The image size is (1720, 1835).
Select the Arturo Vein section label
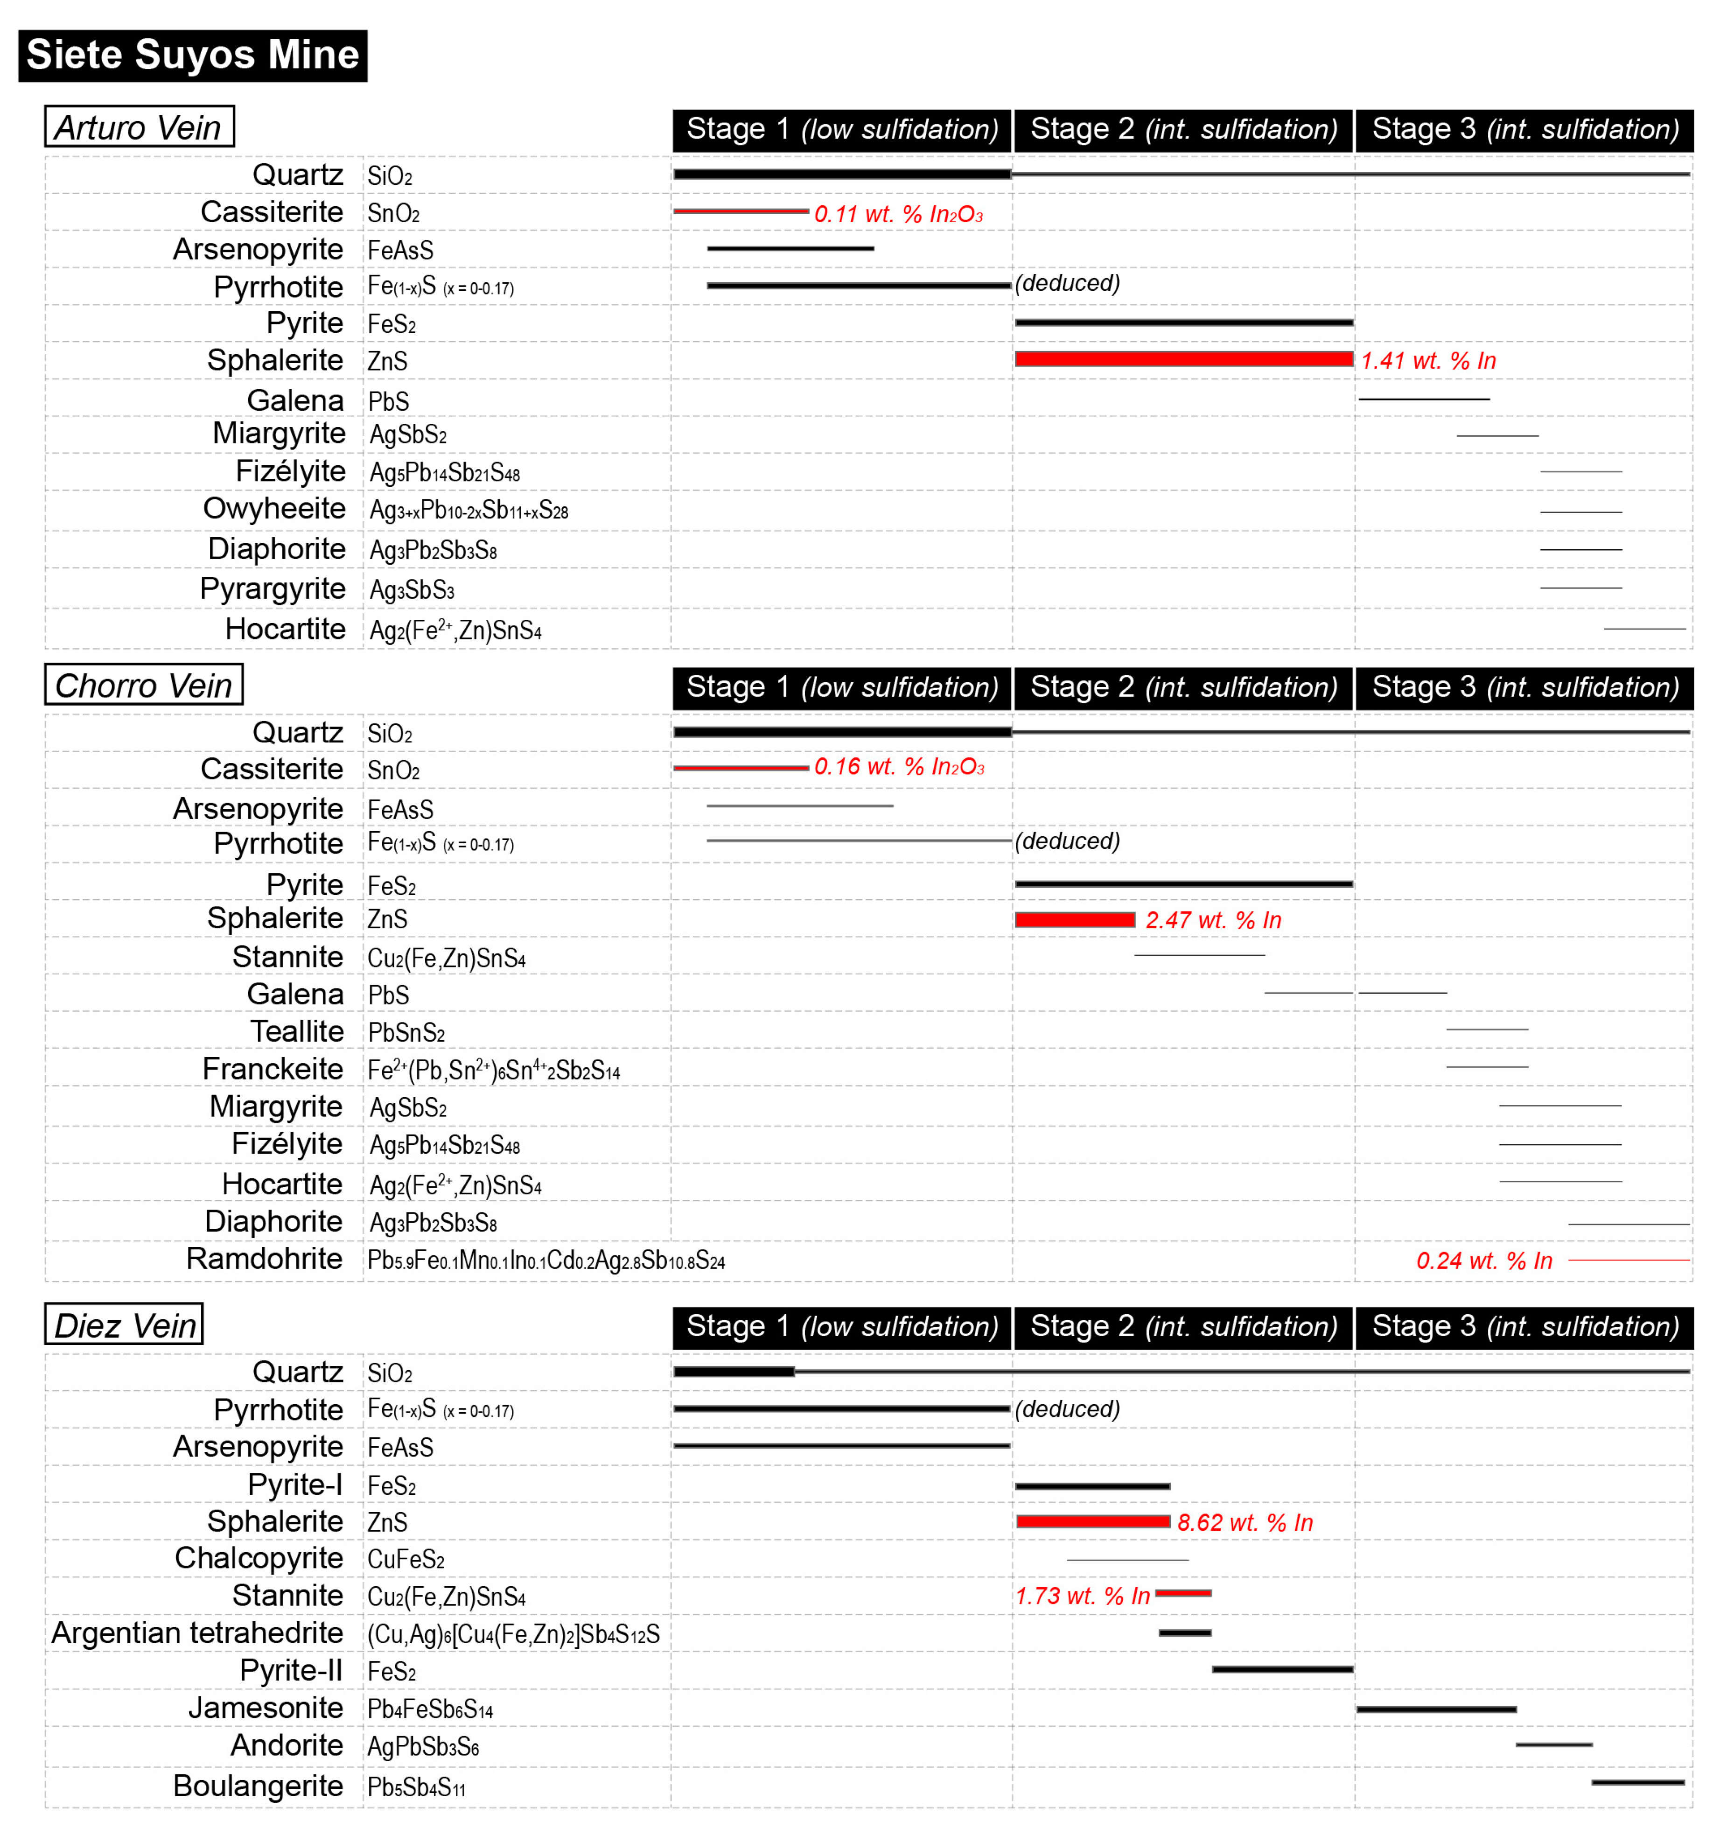pos(140,127)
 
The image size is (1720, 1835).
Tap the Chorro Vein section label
pos(144,686)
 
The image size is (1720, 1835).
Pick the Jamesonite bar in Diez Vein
pos(1436,1709)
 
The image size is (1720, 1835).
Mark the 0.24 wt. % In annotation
pos(1484,1261)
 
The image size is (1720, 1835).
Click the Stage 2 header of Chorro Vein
pos(1183,688)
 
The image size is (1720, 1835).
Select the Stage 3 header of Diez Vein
pos(1524,1327)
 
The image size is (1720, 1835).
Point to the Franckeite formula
pos(494,1071)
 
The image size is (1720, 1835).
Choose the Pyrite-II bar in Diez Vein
pos(1283,1670)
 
